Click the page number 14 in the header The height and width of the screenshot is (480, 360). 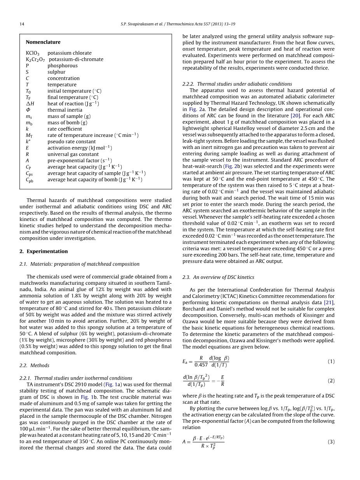[x=22, y=24]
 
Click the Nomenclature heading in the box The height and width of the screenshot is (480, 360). [x=43, y=42]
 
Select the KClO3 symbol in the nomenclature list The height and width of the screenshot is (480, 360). [x=32, y=53]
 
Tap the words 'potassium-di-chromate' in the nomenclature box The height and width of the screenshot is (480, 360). [x=76, y=60]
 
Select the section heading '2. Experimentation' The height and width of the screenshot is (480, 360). [x=44, y=251]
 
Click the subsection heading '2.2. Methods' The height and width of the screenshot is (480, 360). [x=34, y=365]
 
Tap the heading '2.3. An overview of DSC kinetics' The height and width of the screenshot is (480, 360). [x=218, y=277]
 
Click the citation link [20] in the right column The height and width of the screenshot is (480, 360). [x=295, y=116]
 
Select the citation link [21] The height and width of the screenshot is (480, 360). [x=329, y=303]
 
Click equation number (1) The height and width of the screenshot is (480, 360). [x=331, y=361]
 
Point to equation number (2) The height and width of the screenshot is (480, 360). [x=331, y=381]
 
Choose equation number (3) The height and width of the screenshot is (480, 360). [x=331, y=442]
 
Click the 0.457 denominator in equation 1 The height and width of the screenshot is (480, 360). [x=201, y=365]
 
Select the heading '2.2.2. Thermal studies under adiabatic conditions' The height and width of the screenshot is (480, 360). [x=237, y=84]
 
